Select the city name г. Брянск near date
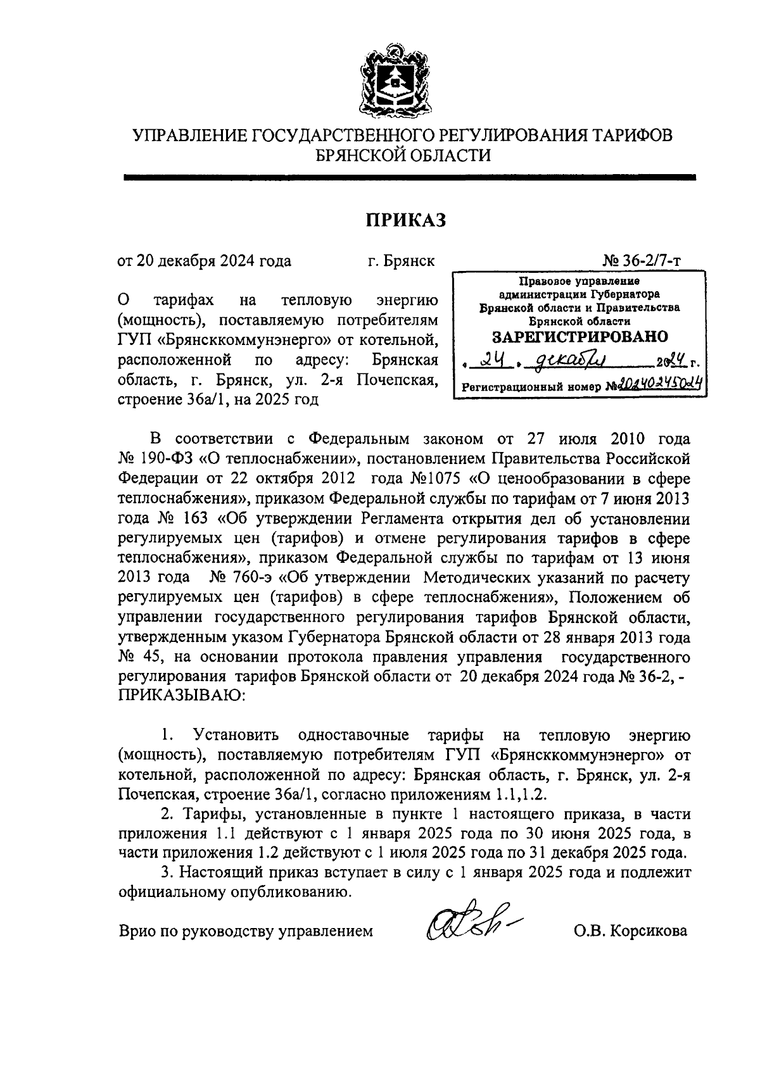pos(401,261)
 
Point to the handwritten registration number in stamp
pos(656,384)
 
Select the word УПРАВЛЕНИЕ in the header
pos(187,135)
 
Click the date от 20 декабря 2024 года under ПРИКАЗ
pos(205,261)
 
